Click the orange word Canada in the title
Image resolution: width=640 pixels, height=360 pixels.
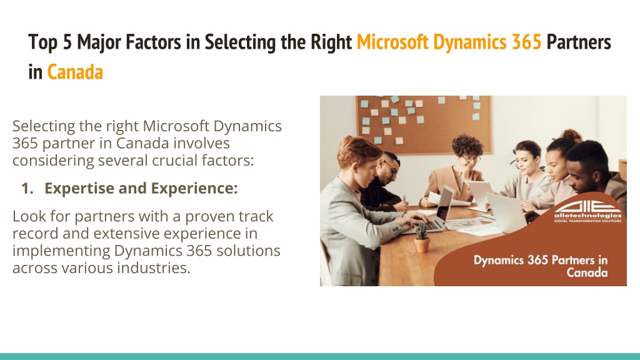click(x=75, y=72)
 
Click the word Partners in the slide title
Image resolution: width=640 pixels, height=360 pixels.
click(x=579, y=42)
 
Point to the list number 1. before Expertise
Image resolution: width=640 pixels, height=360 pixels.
click(x=27, y=188)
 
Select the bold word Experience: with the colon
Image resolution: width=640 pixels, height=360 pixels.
click(x=194, y=189)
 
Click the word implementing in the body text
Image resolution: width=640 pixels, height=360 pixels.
click(x=61, y=251)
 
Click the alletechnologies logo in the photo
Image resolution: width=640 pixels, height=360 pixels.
click(x=587, y=212)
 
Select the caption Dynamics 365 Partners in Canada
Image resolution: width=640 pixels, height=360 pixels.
click(x=541, y=266)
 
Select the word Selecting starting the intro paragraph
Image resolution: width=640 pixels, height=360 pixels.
click(x=44, y=126)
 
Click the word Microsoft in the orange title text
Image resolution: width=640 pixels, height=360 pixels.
click(x=392, y=42)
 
